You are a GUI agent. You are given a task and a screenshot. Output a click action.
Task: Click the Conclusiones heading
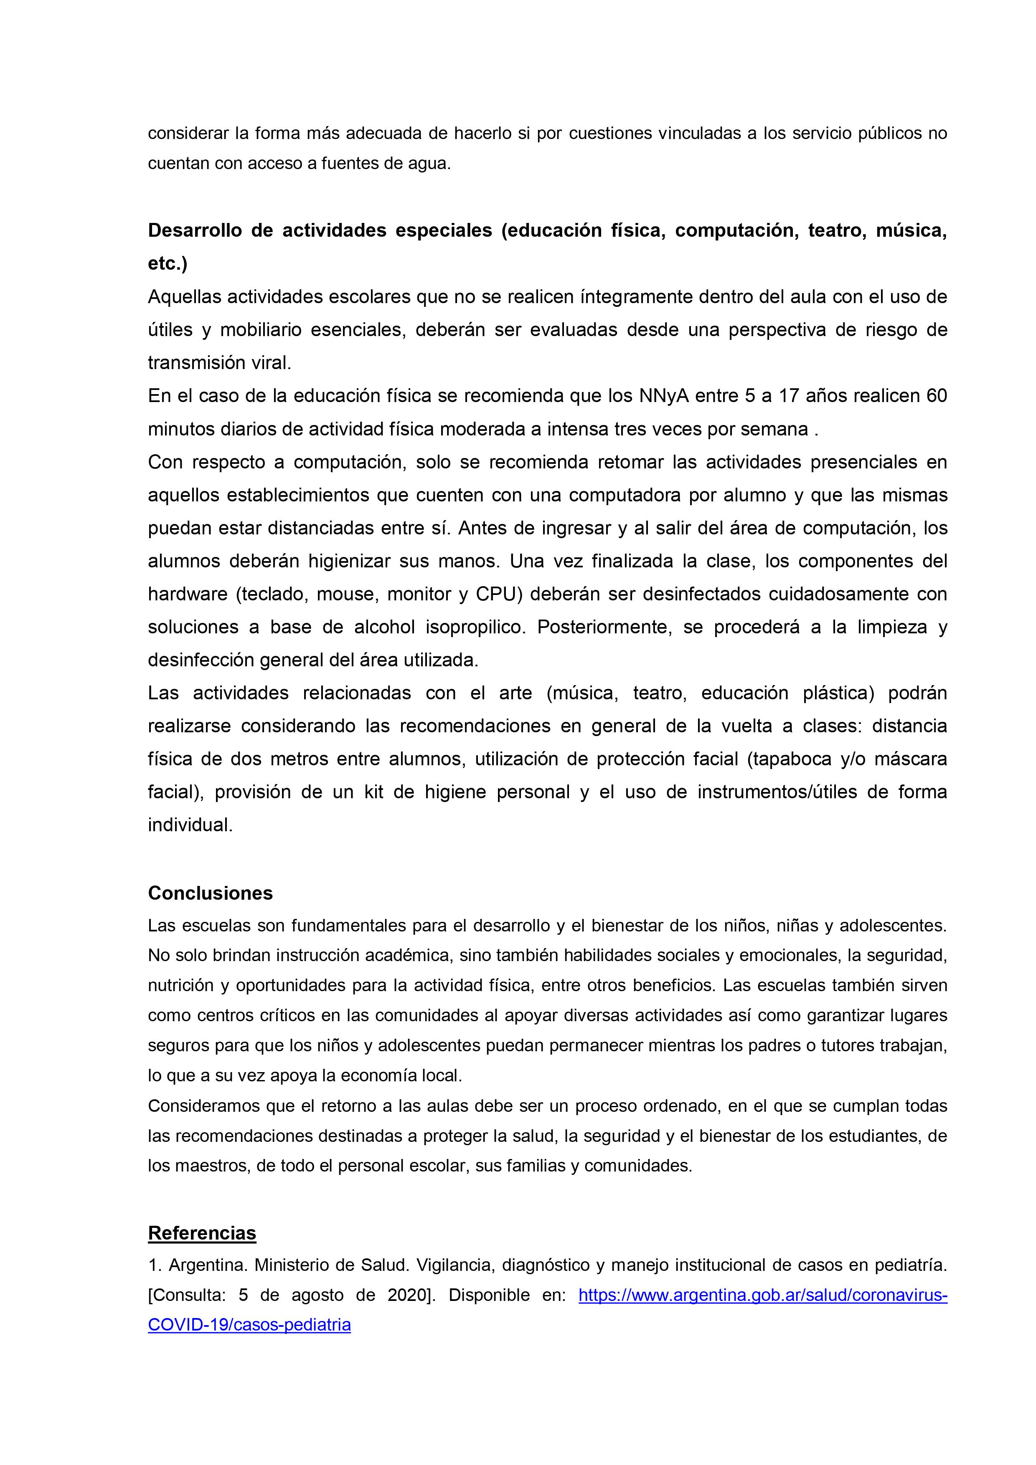[210, 893]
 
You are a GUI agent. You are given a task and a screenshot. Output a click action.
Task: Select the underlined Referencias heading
[202, 1233]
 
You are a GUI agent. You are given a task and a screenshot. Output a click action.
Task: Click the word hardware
[188, 594]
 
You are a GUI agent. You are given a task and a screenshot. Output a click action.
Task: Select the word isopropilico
[475, 627]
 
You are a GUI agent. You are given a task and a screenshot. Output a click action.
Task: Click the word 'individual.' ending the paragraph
[190, 825]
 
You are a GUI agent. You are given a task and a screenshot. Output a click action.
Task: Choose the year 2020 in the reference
[408, 1295]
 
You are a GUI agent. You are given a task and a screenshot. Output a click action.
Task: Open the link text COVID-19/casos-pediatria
[249, 1325]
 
